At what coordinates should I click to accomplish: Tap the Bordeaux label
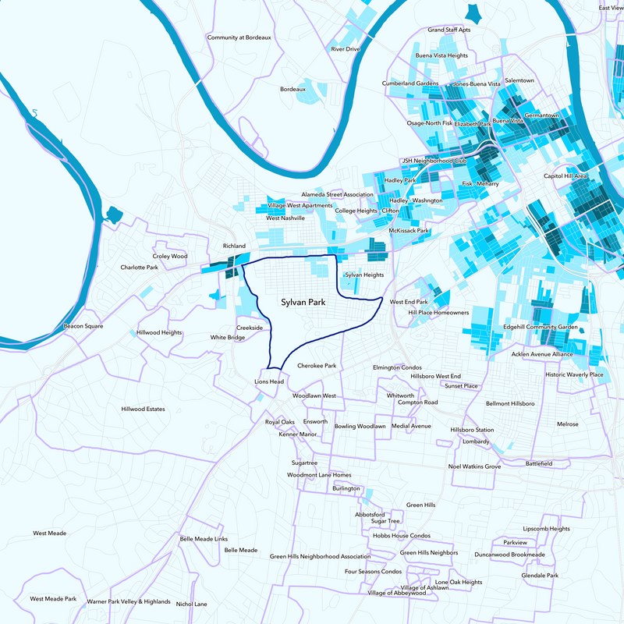293,89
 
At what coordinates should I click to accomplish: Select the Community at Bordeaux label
239,37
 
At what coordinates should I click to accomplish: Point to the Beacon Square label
83,326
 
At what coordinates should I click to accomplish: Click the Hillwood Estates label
144,409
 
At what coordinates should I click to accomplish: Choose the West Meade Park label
53,599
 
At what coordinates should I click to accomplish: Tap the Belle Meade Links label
204,539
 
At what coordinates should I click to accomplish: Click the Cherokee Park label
317,365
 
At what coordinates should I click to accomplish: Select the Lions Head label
269,381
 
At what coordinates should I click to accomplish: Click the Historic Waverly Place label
575,374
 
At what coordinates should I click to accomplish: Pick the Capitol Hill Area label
565,176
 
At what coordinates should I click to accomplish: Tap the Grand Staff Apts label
449,30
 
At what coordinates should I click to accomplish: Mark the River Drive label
346,48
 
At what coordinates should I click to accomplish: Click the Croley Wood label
170,256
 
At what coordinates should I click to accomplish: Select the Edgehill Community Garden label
541,327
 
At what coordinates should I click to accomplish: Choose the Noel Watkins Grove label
474,466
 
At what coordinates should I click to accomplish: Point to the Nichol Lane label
192,604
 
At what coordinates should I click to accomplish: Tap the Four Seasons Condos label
373,571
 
